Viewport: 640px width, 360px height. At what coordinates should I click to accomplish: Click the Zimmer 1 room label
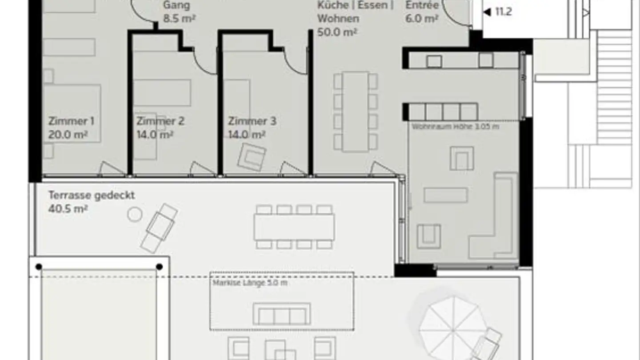71,121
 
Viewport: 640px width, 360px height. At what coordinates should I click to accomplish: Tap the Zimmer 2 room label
160,121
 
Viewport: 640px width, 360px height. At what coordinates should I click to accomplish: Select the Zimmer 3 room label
252,121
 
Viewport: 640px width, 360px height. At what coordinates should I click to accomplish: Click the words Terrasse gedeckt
92,195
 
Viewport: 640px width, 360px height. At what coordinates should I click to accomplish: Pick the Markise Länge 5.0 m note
250,283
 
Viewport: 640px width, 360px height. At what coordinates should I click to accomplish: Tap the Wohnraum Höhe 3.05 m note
455,127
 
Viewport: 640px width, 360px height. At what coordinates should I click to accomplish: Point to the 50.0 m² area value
337,32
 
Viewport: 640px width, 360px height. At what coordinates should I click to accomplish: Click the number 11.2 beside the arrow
503,12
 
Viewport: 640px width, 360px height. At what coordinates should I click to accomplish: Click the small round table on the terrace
134,215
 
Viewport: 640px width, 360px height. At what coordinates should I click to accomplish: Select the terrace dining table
294,227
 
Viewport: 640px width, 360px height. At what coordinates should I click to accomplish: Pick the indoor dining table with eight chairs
356,112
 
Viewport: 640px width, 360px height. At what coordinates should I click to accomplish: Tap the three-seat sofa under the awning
282,314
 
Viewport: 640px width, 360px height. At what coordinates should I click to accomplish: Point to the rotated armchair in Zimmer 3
252,156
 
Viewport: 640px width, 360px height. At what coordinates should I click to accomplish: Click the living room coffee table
445,195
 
